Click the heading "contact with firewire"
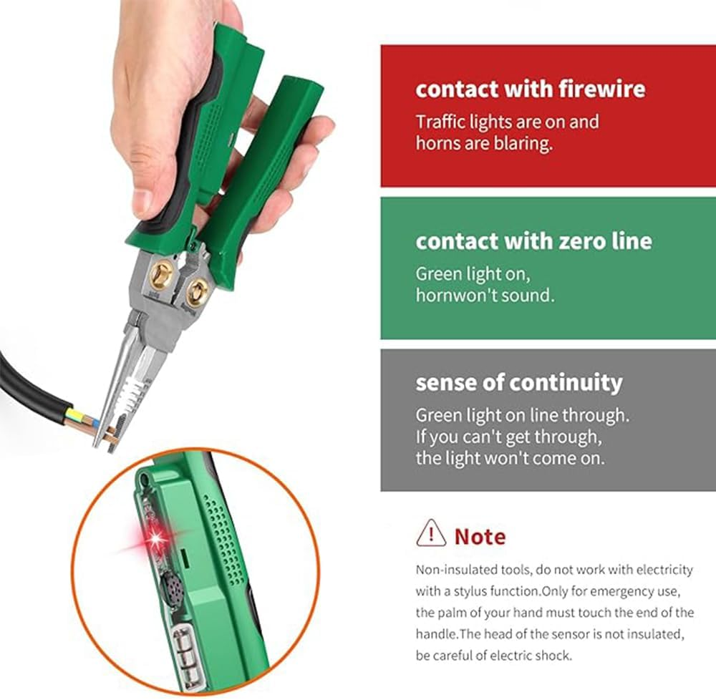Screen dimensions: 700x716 (x=530, y=89)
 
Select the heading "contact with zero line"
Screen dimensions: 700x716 (x=533, y=240)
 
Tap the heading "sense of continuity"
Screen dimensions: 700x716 (x=519, y=382)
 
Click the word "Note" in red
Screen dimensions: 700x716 (x=480, y=536)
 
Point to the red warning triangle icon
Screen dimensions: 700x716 (x=431, y=534)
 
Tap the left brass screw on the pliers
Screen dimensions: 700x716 (x=162, y=275)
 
